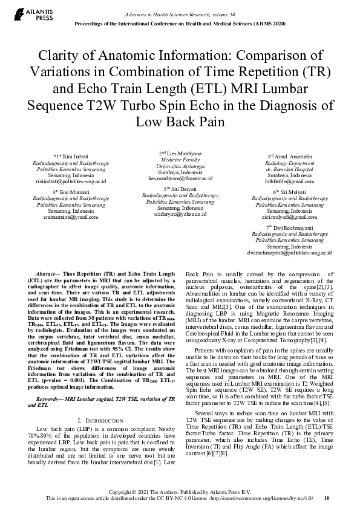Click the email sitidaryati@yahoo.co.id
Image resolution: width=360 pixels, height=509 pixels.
coord(180,214)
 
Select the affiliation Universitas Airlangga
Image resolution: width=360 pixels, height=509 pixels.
coord(180,166)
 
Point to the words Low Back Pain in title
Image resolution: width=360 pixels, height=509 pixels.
coord(180,121)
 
